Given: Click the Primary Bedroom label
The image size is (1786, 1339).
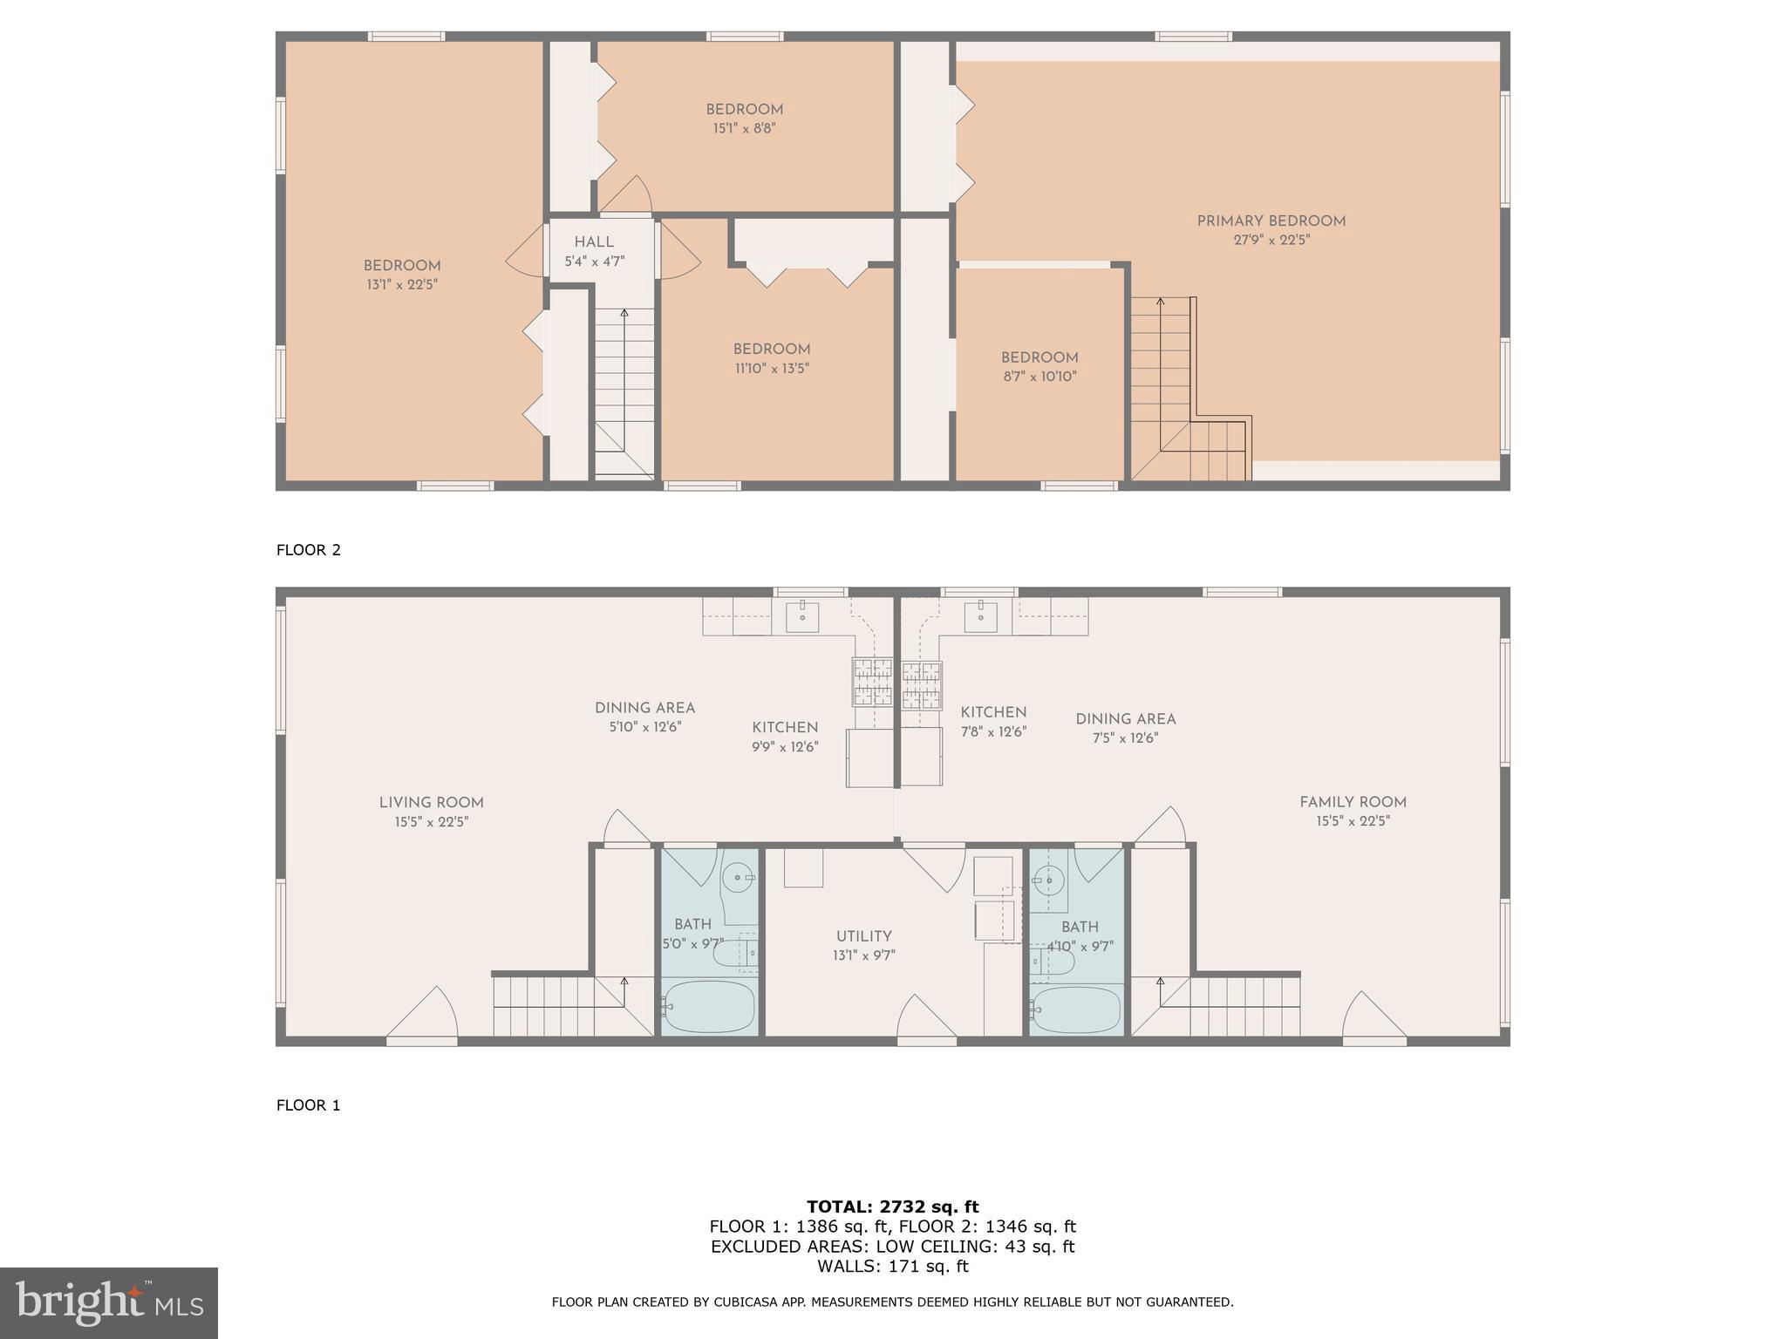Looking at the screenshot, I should [x=1271, y=221].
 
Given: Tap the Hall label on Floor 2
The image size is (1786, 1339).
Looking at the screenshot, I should [x=594, y=242].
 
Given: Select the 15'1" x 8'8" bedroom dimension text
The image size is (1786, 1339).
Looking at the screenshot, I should [x=744, y=128].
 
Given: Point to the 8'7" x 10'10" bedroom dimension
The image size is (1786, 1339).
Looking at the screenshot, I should [x=1040, y=377].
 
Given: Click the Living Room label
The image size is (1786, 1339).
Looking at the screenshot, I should [x=431, y=803].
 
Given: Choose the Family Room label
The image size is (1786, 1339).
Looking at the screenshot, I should [x=1353, y=802].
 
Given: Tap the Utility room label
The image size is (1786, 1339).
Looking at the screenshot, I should [x=863, y=936].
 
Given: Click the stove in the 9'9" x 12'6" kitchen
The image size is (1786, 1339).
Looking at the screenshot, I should [x=872, y=682].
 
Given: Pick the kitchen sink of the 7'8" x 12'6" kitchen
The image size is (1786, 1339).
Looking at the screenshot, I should [x=980, y=615].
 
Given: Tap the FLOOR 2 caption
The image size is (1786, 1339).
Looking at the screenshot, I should [x=309, y=550].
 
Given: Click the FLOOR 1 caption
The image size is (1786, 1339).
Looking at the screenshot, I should [x=309, y=1105].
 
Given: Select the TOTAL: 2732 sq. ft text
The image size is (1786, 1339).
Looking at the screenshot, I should [x=892, y=1207].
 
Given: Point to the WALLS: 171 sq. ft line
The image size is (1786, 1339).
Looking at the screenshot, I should [x=892, y=1267].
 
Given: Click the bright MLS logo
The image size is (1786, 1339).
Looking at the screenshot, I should [x=109, y=1303].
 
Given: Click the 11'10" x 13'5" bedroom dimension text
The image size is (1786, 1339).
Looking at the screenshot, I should [x=772, y=368].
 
